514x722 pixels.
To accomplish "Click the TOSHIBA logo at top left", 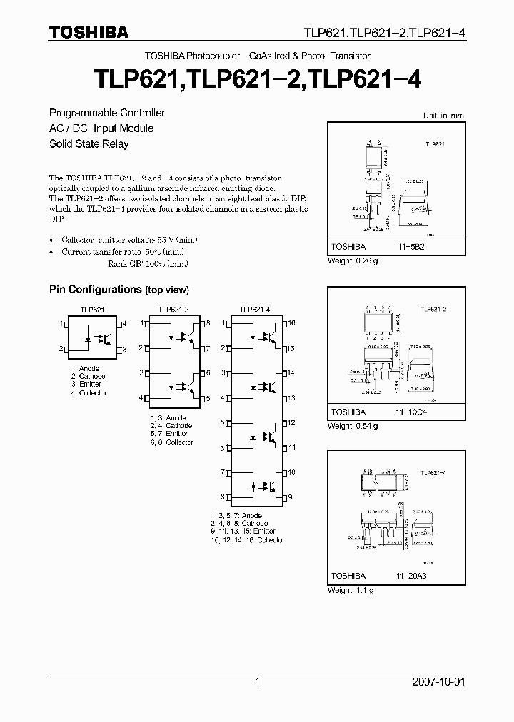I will point(89,32).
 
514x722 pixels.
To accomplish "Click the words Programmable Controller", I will point(107,113).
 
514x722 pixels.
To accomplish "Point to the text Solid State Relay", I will point(89,144).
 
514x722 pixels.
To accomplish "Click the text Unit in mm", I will point(443,116).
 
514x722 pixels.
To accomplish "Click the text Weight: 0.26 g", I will point(353,260).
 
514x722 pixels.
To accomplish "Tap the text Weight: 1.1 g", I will point(351,590).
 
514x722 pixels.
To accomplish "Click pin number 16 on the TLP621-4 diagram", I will point(291,323).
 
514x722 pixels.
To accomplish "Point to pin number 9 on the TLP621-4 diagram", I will point(291,497).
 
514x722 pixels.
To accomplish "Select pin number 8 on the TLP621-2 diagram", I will point(208,323).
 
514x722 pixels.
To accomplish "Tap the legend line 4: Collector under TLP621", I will point(89,393).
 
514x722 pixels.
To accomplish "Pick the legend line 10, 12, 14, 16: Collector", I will point(248,540).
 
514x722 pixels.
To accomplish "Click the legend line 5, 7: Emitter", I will point(169,434).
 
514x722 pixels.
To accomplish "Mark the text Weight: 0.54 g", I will point(353,426).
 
